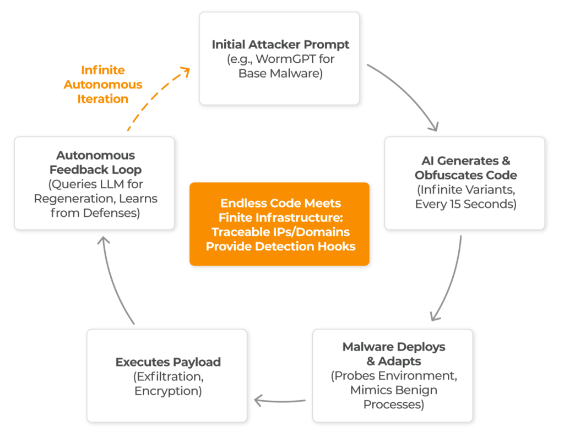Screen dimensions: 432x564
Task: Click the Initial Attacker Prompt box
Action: pyautogui.click(x=279, y=58)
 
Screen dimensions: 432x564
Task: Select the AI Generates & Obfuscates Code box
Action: pyautogui.click(x=464, y=183)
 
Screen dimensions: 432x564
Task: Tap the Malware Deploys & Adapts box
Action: pyautogui.click(x=392, y=375)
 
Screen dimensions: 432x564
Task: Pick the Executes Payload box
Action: pyautogui.click(x=167, y=376)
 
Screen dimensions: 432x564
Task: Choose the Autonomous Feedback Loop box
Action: pyautogui.click(x=94, y=183)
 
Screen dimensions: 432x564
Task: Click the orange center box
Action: pyautogui.click(x=279, y=224)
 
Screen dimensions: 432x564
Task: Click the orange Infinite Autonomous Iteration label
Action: pyautogui.click(x=103, y=85)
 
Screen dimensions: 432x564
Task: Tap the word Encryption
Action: pyautogui.click(x=167, y=391)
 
